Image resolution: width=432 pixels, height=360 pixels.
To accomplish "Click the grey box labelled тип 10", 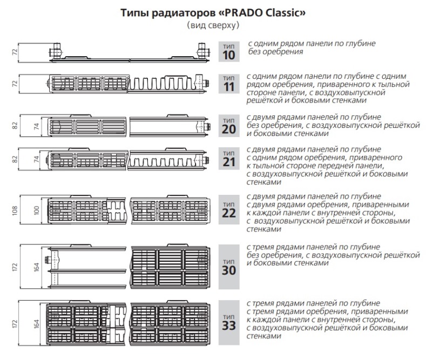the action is click(x=229, y=51).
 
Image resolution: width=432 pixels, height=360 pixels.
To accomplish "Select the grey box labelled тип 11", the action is click(x=229, y=84).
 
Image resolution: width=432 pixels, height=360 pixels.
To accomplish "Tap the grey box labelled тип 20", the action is click(x=229, y=126).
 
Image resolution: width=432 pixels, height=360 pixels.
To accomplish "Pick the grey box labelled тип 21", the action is click(x=229, y=158).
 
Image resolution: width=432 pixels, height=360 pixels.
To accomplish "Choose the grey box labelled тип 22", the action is click(x=229, y=209).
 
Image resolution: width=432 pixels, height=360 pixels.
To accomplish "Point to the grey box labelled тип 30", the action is click(x=229, y=267).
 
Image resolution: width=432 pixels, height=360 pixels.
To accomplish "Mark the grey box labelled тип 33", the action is click(x=229, y=323).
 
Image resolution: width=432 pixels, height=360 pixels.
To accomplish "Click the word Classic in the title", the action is click(x=281, y=13).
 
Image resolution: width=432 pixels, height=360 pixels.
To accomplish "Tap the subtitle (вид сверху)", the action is click(x=213, y=25).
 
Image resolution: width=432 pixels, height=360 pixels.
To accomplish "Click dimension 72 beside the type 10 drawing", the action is click(x=15, y=52).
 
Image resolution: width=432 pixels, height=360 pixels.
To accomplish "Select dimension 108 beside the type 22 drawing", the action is click(x=15, y=210).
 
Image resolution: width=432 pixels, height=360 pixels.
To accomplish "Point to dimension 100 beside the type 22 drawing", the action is click(x=37, y=210).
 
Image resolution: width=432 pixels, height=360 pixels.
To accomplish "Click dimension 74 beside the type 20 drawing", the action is click(x=37, y=126).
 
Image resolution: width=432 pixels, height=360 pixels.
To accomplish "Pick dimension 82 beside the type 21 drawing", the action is click(x=15, y=159).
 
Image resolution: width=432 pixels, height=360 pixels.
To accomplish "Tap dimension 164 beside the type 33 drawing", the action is click(x=37, y=324).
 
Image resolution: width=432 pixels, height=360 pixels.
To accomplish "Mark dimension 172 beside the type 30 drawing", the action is click(x=15, y=267).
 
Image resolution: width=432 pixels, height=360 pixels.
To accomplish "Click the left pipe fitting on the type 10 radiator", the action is click(x=56, y=51).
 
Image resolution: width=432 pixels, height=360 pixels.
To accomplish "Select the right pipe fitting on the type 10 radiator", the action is click(x=204, y=51).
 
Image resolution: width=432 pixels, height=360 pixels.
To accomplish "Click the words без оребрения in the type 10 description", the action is click(x=275, y=52).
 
